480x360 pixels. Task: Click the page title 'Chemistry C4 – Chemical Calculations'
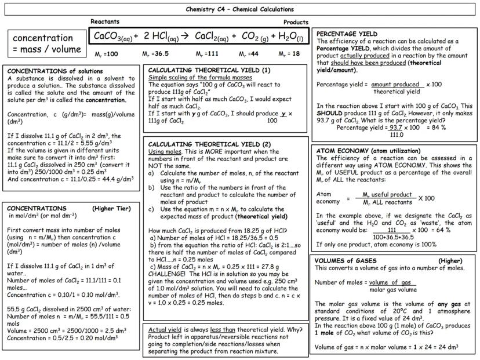pyautogui.click(x=239, y=9)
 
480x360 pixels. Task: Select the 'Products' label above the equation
pyautogui.click(x=296, y=22)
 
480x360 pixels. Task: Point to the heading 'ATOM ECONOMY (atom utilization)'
pyautogui.click(x=372, y=150)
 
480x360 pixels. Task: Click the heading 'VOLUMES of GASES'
pyautogui.click(x=346, y=261)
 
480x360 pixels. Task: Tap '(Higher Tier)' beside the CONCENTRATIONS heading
pyautogui.click(x=112, y=208)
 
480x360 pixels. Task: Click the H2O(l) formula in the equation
pyautogui.click(x=290, y=37)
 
